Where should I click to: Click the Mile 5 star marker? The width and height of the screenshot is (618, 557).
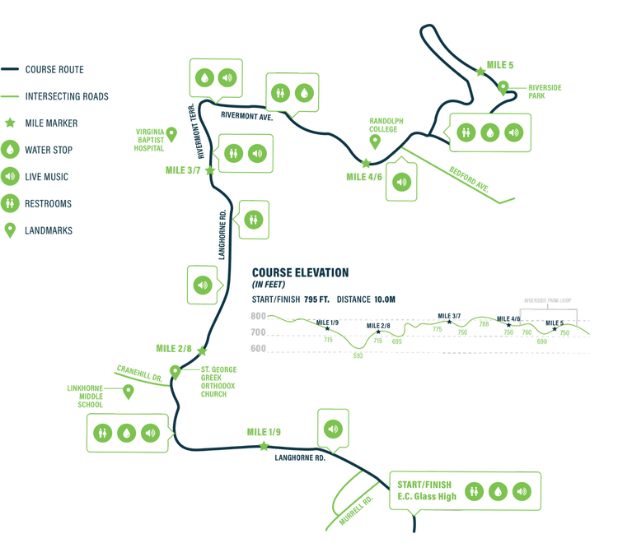point(480,72)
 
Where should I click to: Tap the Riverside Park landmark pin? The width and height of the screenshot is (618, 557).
point(503,86)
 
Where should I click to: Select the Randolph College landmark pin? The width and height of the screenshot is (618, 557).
point(375,141)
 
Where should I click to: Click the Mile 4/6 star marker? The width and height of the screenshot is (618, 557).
point(366,164)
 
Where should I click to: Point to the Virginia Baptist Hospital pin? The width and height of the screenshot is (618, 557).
point(171,133)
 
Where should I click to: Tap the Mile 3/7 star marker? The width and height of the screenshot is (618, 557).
point(209,170)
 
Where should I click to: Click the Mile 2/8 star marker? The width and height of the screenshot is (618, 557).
point(201,350)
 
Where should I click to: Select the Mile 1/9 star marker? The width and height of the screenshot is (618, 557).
point(264,446)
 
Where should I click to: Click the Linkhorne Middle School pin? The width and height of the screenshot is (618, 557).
point(128,391)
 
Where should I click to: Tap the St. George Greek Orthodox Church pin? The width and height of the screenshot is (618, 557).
point(175,371)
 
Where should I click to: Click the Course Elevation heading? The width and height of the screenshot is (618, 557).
point(300,272)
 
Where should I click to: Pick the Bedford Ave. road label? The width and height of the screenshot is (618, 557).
point(470,179)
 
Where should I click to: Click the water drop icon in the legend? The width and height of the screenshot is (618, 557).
point(11,150)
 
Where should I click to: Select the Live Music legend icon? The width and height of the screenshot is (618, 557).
point(11,177)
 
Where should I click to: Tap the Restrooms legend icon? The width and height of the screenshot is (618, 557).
point(11,203)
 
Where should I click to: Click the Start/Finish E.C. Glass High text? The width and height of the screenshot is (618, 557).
point(426,490)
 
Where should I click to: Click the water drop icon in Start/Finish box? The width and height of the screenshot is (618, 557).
point(497,491)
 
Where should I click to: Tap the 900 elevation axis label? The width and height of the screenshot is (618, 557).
point(258,316)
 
